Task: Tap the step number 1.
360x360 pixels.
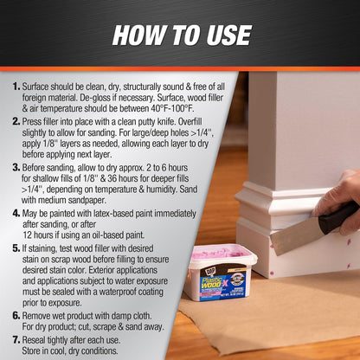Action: click(16, 87)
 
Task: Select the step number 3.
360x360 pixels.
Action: click(16, 168)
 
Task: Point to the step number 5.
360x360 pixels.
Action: click(16, 248)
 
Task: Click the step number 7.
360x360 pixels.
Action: click(16, 340)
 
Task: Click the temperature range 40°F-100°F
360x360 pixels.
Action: click(172, 108)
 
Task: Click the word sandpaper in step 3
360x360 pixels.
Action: click(88, 200)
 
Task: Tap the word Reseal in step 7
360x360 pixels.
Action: click(34, 340)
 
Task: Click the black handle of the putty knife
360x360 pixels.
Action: click(338, 216)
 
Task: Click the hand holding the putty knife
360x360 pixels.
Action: click(340, 199)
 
